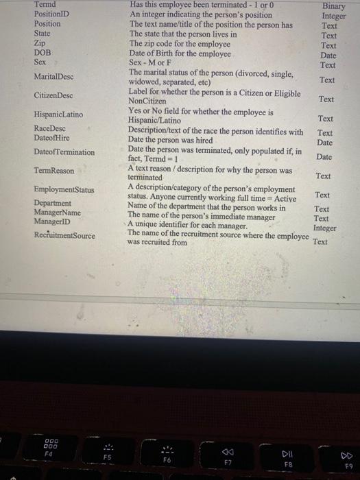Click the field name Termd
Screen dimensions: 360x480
[x=45, y=4]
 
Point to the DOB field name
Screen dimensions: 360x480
[x=42, y=52]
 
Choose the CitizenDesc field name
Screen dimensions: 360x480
[x=53, y=95]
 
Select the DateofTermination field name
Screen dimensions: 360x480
[x=64, y=152]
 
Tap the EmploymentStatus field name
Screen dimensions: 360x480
[x=64, y=189]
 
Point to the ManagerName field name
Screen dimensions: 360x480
[x=57, y=213]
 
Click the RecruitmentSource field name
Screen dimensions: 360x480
[x=65, y=236]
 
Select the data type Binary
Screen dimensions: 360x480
[x=334, y=6]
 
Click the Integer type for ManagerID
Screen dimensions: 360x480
[x=324, y=228]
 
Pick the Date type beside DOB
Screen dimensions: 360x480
[x=328, y=56]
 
